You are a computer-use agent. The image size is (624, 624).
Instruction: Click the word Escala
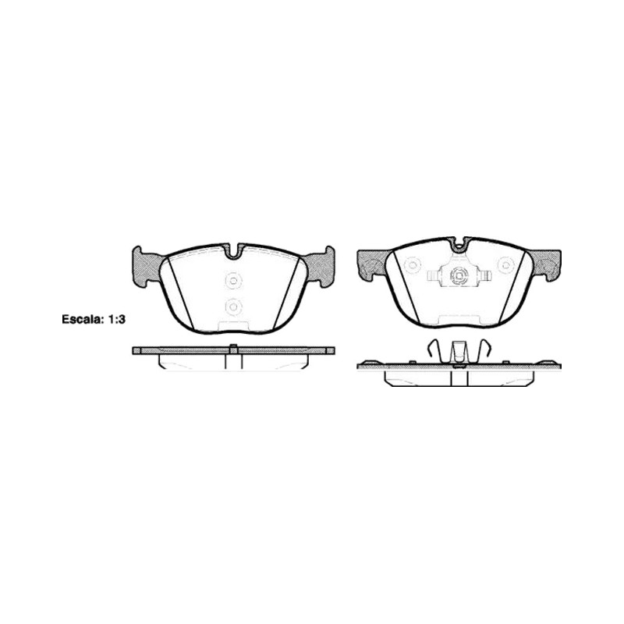(x=80, y=319)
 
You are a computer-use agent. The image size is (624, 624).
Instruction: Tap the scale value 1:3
(x=115, y=319)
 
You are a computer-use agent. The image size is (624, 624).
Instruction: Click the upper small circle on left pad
(x=233, y=281)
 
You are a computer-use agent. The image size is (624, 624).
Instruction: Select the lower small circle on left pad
(x=233, y=307)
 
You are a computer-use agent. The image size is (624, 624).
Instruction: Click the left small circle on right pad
(x=412, y=264)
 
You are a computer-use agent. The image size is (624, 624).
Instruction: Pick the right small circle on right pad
(x=506, y=264)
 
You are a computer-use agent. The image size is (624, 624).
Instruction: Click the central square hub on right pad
(x=459, y=275)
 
